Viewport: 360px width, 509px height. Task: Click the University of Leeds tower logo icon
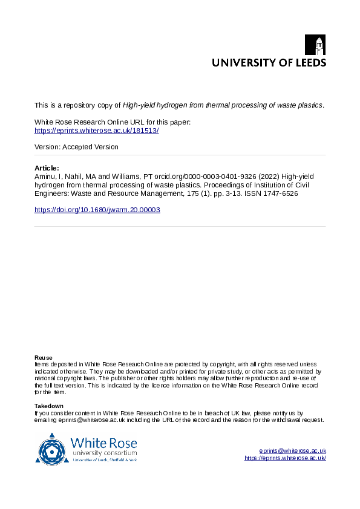pyautogui.click(x=319, y=45)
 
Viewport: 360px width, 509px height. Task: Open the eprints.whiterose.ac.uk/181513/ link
pyautogui.click(x=97, y=131)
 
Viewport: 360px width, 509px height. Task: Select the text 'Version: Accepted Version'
pyautogui.click(x=76, y=147)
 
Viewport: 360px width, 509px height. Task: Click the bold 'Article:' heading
pyautogui.click(x=47, y=167)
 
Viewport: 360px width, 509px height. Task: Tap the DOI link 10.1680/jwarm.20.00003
pyautogui.click(x=97, y=210)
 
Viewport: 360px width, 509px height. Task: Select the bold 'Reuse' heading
pyautogui.click(x=43, y=357)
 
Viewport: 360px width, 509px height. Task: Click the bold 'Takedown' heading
pyautogui.click(x=49, y=406)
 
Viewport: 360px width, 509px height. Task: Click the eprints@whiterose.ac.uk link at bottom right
pyautogui.click(x=292, y=451)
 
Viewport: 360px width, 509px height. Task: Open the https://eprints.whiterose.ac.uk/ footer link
pyautogui.click(x=285, y=458)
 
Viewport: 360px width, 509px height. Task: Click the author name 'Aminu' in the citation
pyautogui.click(x=45, y=176)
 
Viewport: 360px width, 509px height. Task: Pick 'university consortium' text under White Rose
pyautogui.click(x=104, y=453)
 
